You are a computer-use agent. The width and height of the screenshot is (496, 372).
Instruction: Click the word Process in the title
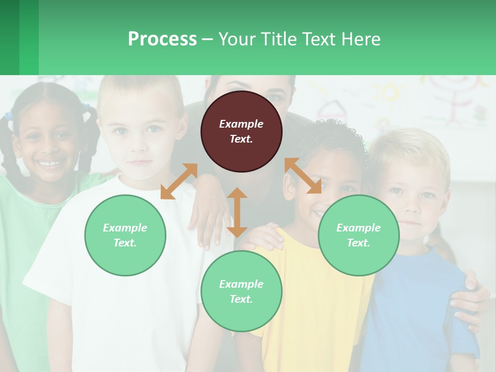[162, 39]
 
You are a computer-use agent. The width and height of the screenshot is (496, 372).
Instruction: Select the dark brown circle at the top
[241, 131]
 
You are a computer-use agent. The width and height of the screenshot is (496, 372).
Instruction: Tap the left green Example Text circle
[125, 235]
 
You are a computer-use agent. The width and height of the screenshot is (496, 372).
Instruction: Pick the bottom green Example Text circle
[241, 291]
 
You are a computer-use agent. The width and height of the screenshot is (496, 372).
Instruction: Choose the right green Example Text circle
[359, 235]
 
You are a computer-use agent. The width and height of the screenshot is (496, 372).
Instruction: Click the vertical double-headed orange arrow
[237, 212]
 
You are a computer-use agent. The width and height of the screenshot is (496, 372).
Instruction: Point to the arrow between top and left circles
[179, 181]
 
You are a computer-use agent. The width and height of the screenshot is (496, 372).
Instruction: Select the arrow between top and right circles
[303, 176]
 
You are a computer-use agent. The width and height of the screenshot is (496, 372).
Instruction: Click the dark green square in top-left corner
[9, 37]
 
